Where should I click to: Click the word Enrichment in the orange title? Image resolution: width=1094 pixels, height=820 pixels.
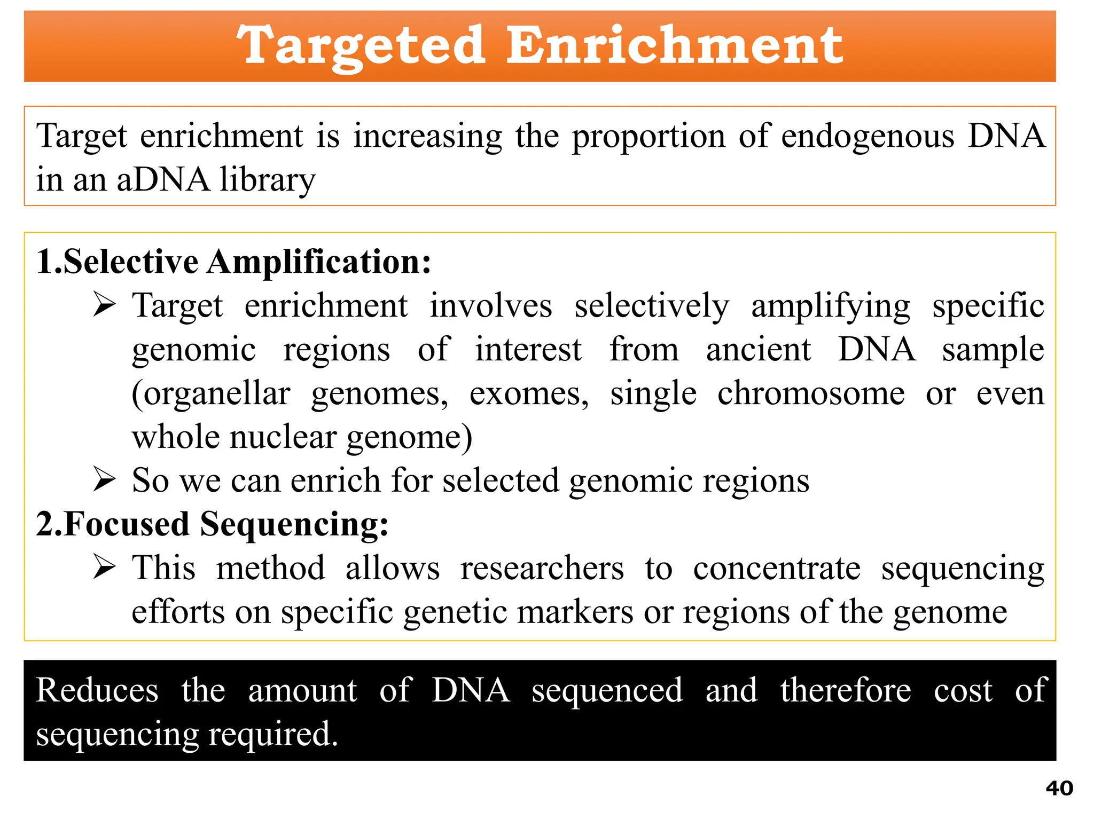pos(674,46)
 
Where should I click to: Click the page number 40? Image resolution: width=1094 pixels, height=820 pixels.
pos(1059,789)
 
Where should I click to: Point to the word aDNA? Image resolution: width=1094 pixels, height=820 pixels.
pos(163,180)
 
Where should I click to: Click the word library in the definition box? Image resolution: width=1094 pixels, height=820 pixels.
pos(268,180)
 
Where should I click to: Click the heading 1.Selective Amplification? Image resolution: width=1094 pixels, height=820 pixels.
pos(233,262)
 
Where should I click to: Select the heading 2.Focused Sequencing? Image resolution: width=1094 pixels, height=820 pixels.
pos(212,524)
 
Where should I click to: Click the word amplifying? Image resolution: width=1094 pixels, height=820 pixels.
pos(831,307)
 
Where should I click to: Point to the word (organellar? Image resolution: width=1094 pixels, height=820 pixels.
pos(211,395)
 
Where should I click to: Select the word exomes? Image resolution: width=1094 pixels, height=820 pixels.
pos(529,395)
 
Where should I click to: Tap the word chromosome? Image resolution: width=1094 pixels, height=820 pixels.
pos(811,393)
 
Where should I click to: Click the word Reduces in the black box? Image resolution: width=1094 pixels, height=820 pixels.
pos(97,690)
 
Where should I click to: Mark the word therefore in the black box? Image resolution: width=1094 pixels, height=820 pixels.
pos(846,690)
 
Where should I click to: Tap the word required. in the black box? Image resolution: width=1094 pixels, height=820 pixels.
pos(273,734)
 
